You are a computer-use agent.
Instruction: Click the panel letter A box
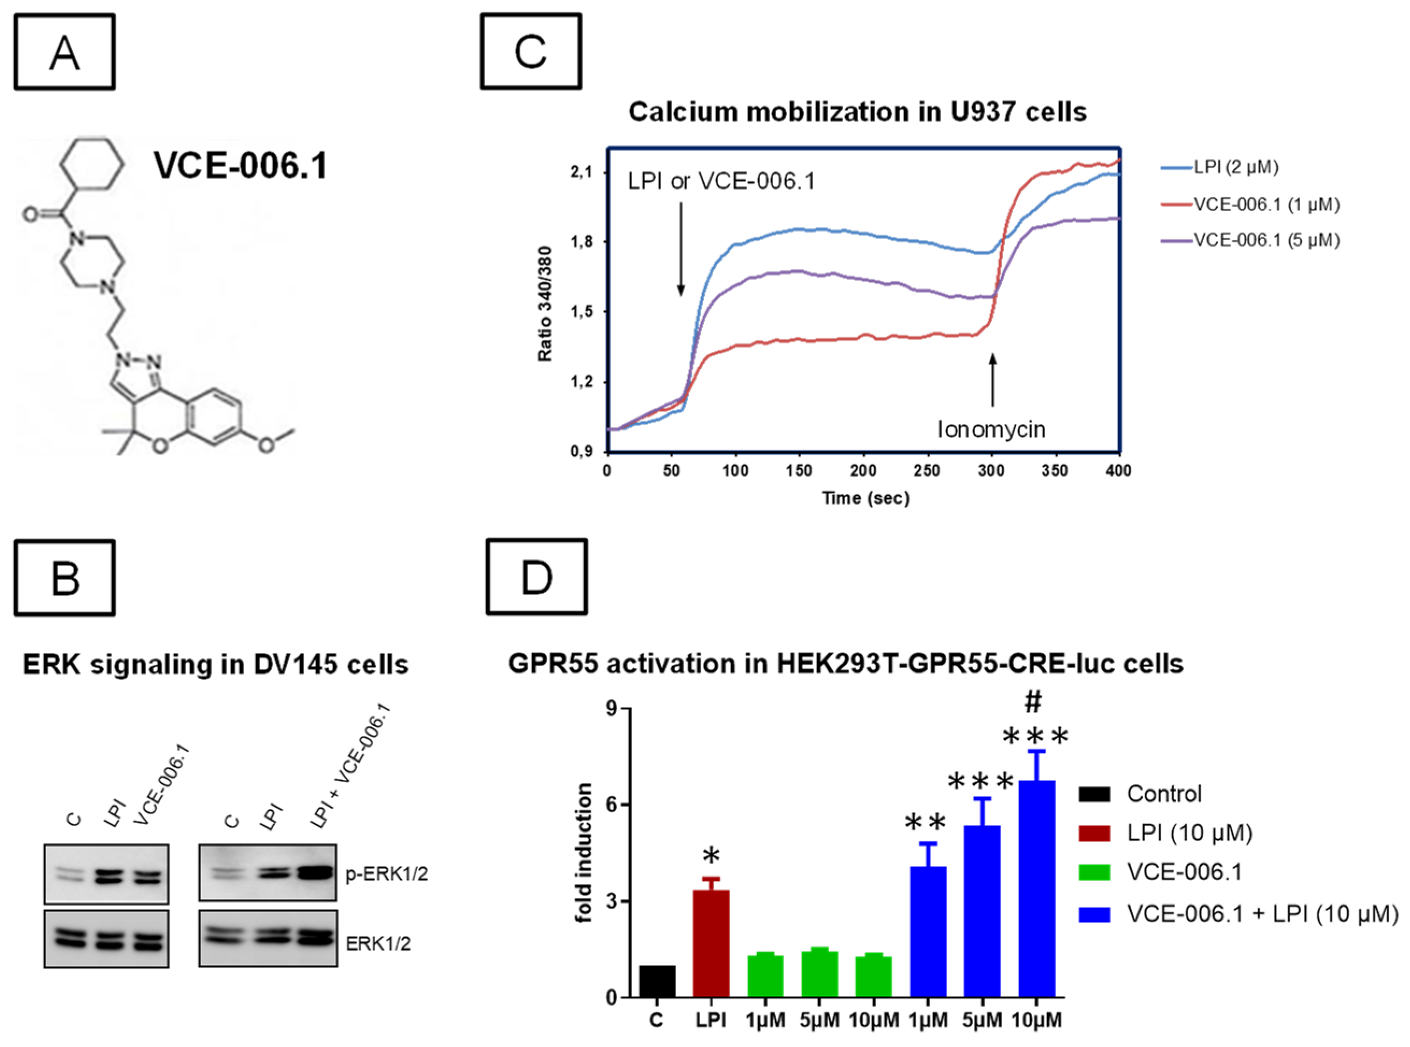point(65,52)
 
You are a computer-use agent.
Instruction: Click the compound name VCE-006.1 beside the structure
point(240,166)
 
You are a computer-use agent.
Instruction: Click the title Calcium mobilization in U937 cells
point(857,112)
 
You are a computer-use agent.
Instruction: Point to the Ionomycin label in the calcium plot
point(991,429)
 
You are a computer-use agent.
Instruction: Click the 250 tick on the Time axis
point(928,470)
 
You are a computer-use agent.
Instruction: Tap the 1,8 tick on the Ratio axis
point(582,242)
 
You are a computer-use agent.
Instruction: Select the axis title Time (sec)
point(865,498)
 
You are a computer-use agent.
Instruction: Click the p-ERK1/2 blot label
point(387,874)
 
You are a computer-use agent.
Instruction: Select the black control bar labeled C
point(657,981)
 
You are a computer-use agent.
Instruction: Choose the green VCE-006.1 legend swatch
point(1094,873)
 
